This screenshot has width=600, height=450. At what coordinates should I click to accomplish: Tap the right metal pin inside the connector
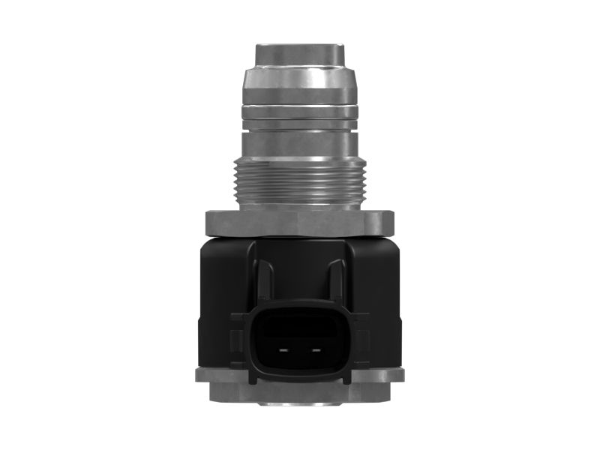coord(316,350)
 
